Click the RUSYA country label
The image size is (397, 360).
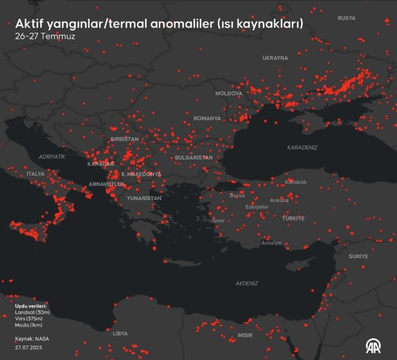point(346,18)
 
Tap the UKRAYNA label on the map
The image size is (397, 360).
point(275,58)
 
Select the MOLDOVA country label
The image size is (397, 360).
point(229,93)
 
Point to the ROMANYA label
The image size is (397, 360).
point(207,119)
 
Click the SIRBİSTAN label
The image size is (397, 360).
point(125,139)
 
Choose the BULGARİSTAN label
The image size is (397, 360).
point(194,157)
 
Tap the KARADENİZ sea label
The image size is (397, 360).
point(302,147)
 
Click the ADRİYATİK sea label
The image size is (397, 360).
point(52,157)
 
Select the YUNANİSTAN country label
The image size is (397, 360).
point(144,197)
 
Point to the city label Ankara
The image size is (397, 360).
point(279,200)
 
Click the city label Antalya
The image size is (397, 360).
point(271,243)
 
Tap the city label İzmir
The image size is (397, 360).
point(218,220)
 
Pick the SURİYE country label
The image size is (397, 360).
point(358,256)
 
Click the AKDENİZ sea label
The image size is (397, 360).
point(247,283)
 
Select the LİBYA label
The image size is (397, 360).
point(120,333)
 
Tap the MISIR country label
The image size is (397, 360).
point(245,335)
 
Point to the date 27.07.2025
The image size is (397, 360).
point(29,347)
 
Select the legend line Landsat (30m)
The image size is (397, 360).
point(32,312)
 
